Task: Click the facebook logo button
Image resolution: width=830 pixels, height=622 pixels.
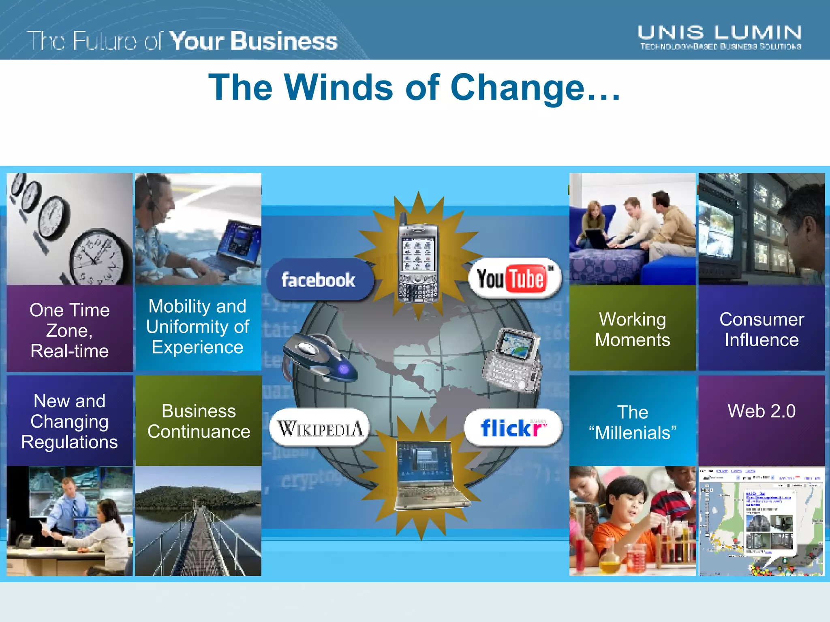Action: coord(319,280)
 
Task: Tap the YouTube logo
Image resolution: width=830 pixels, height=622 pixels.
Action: coord(514,279)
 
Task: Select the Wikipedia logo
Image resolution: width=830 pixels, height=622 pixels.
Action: coord(320,428)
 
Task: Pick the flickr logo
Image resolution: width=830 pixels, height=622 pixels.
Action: coord(513,428)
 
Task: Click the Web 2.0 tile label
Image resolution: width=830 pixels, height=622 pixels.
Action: coord(762,411)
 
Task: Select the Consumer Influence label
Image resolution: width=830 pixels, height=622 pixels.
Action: coord(762,329)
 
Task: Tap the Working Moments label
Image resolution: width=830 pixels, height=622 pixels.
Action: coord(632,329)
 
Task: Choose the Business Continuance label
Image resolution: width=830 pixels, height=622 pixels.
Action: coord(199,421)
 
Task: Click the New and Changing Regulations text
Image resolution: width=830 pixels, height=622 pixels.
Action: coord(70,421)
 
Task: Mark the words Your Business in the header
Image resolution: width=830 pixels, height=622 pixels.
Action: coord(253,41)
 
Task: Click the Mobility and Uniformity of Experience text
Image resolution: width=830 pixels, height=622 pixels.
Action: coord(197,326)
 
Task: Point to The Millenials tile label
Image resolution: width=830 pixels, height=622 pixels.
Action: coord(632,422)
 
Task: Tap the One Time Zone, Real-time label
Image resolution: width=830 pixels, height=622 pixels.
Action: coord(70,330)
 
